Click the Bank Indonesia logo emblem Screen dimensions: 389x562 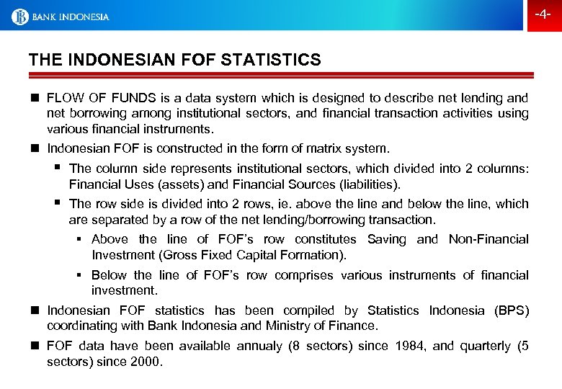(x=19, y=16)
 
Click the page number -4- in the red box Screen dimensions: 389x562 (x=543, y=15)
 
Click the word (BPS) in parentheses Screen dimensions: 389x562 (x=511, y=310)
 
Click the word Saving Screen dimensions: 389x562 (x=388, y=239)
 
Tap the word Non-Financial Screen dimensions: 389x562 (x=489, y=239)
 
